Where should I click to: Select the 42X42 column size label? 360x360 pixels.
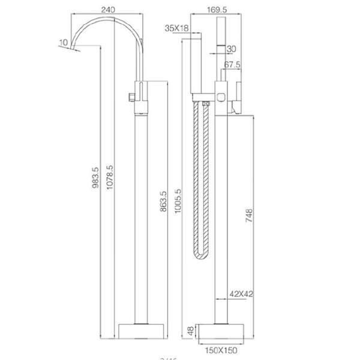(x=241, y=295)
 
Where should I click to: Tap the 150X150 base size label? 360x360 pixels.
(x=221, y=349)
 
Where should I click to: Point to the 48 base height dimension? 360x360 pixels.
(x=190, y=331)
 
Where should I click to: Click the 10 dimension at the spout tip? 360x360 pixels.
(x=64, y=42)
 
